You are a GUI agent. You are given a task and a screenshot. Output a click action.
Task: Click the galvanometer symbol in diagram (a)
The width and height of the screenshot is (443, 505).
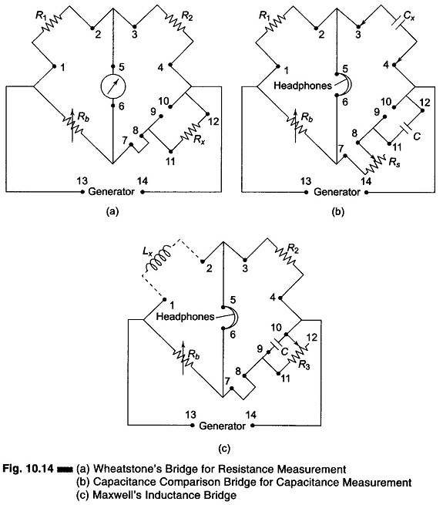click(112, 86)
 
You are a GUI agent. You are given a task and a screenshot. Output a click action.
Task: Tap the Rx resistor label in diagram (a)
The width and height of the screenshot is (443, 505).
click(200, 139)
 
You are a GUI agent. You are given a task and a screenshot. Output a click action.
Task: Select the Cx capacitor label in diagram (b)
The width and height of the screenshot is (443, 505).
click(408, 15)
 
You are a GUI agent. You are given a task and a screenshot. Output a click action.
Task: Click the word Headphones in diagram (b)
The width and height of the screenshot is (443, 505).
click(302, 86)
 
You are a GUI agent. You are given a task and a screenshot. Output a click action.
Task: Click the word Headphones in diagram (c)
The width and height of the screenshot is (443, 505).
click(185, 316)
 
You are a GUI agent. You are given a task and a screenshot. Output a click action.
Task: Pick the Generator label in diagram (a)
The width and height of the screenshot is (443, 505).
click(111, 191)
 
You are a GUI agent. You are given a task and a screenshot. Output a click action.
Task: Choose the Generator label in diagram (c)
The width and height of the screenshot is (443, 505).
click(222, 426)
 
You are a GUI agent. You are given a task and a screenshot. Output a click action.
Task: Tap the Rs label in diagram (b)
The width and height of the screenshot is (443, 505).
click(394, 162)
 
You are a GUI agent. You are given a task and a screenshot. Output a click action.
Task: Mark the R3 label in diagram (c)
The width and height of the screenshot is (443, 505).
click(304, 365)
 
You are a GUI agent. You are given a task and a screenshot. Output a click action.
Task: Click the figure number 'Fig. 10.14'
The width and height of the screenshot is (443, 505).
click(28, 468)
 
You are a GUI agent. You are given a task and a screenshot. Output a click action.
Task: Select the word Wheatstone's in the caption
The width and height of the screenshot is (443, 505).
click(125, 468)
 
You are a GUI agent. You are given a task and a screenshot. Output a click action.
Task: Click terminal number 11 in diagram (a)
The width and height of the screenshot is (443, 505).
click(170, 160)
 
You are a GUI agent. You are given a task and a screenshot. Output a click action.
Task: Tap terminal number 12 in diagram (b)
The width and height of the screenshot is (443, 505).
click(425, 103)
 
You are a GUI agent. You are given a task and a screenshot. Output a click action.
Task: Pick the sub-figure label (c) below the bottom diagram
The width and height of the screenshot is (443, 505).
click(223, 448)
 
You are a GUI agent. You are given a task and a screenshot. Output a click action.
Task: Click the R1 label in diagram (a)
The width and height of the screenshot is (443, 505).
click(40, 15)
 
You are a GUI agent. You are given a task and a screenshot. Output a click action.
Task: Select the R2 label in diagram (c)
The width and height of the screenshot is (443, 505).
click(292, 249)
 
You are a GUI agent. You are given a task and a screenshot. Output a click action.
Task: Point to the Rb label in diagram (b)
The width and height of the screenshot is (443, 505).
click(306, 117)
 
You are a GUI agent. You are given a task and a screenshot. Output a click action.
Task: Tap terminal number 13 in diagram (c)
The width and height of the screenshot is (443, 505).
click(190, 415)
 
